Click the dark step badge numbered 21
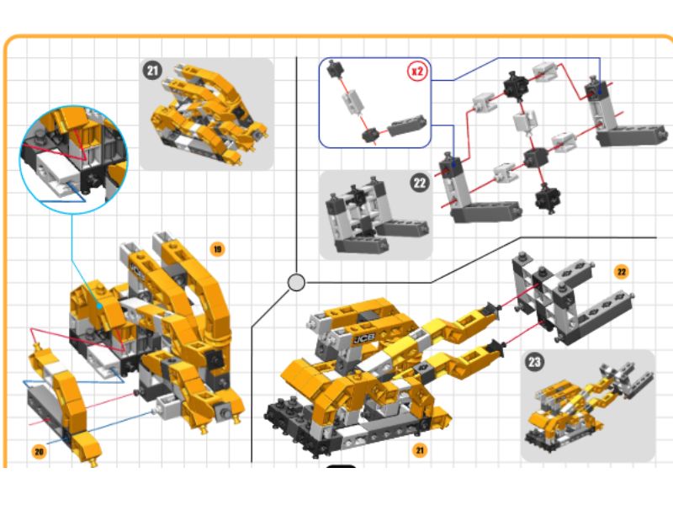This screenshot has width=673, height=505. point(153,70)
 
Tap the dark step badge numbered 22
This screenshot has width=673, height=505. point(419,183)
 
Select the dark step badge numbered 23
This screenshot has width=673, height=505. point(534,362)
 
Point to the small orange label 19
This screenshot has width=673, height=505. point(217,249)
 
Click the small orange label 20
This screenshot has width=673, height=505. point(39,451)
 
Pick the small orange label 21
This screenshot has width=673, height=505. point(419,450)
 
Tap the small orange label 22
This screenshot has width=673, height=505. point(621,272)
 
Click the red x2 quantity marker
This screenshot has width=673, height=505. point(416,71)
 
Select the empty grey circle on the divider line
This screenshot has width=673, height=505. point(296,283)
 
